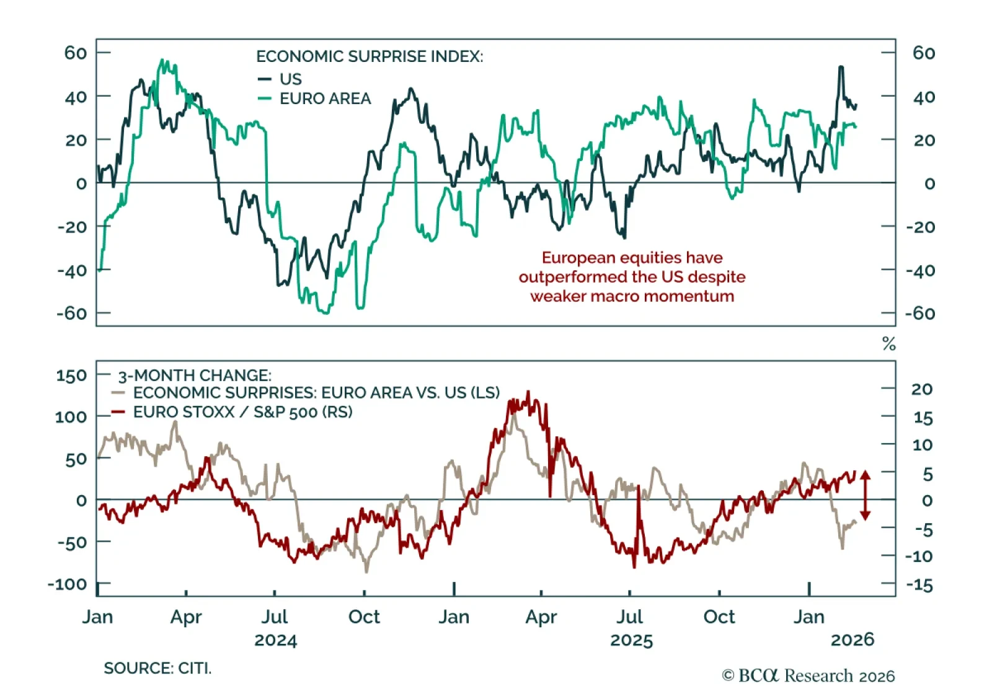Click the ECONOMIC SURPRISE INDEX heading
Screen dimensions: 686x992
[x=370, y=56]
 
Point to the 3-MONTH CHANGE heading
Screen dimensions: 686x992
[x=195, y=376]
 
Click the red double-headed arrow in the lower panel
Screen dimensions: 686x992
[x=866, y=495]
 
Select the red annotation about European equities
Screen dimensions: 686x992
[x=632, y=276]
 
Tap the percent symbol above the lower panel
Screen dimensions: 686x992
[x=889, y=344]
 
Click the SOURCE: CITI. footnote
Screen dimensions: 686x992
[x=157, y=668]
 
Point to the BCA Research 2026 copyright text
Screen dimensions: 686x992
[x=808, y=675]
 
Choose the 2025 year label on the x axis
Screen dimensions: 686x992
[x=631, y=640]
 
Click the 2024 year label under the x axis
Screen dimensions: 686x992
[x=276, y=640]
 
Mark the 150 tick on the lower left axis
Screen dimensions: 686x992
[x=71, y=376]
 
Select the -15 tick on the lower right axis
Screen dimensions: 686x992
[x=919, y=585]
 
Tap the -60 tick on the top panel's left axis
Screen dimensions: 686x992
[x=72, y=314]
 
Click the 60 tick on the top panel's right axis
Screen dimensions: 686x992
[x=923, y=53]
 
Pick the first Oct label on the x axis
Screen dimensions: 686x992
[x=364, y=617]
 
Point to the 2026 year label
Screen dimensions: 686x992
[x=852, y=640]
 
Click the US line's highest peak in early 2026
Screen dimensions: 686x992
[x=841, y=67]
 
